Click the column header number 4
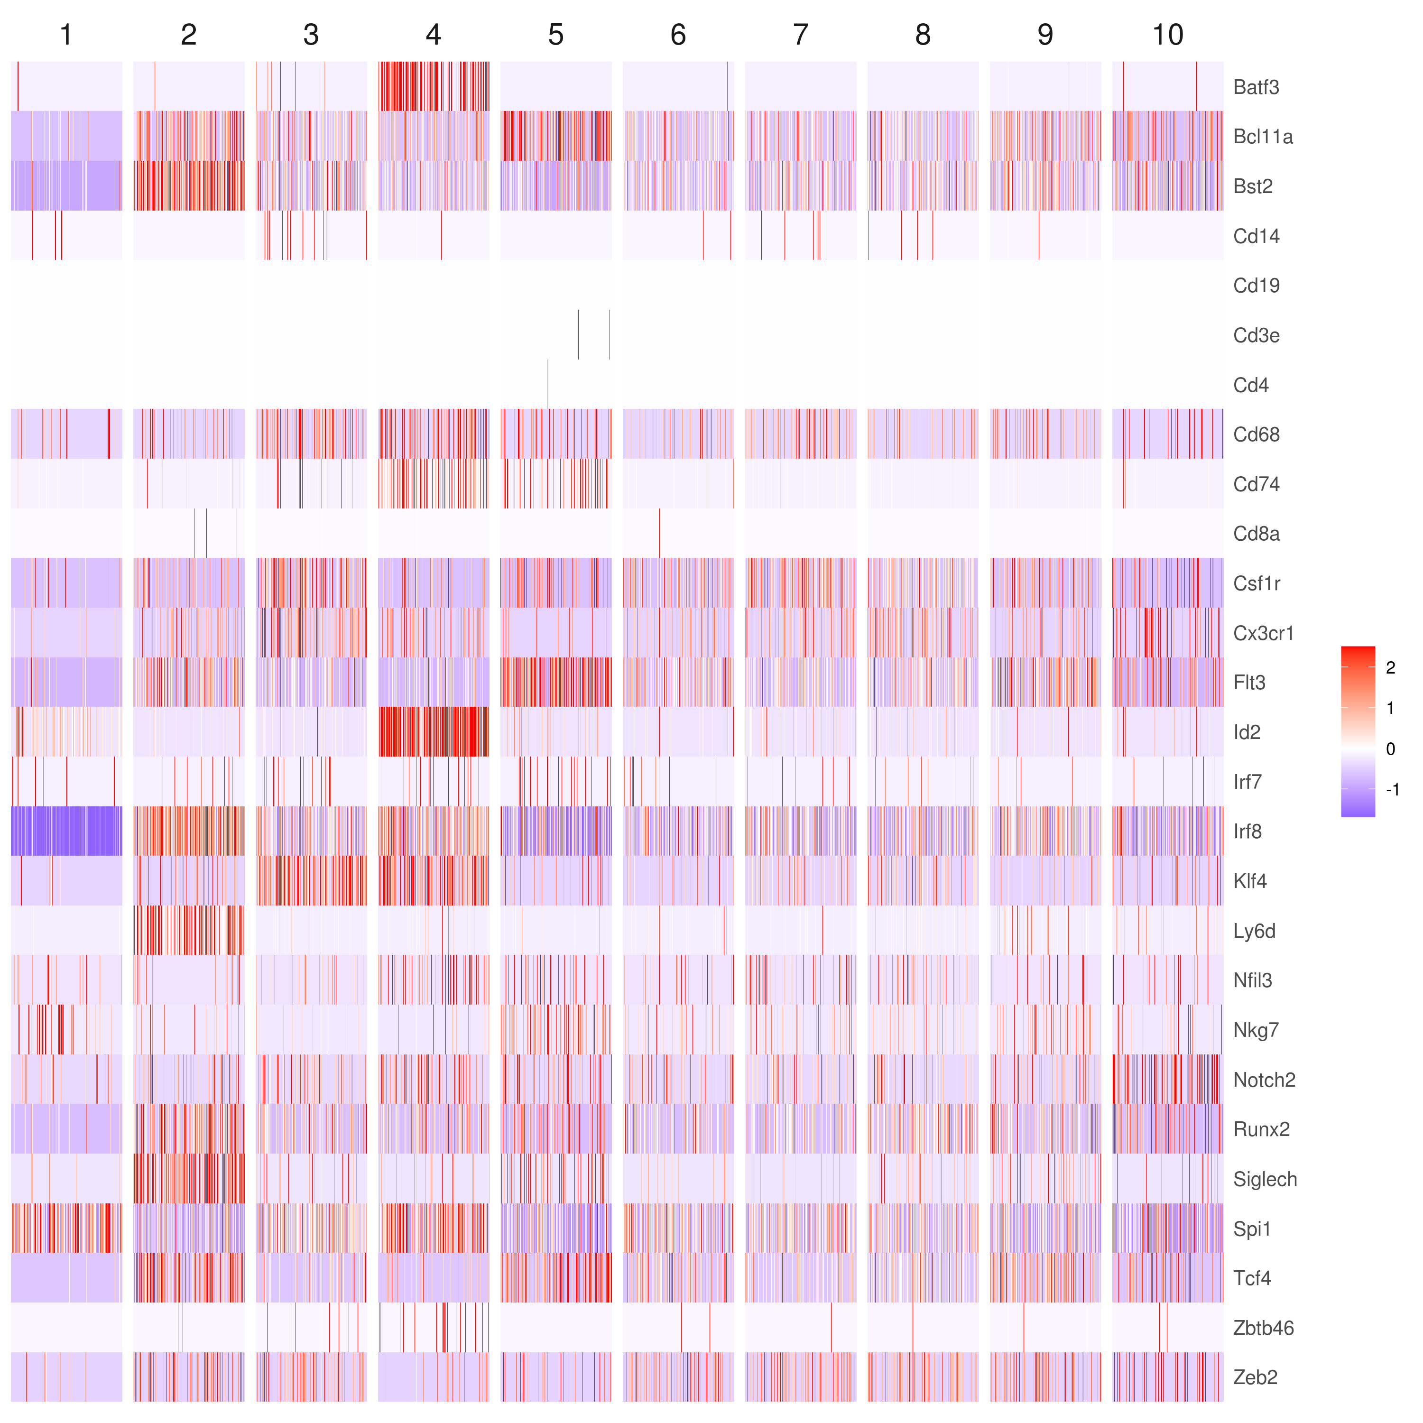433,35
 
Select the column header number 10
1167,35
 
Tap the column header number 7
801,35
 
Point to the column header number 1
66,35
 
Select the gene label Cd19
1256,286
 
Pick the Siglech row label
1265,1179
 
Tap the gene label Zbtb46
1263,1328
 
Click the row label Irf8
1247,832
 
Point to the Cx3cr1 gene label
1263,633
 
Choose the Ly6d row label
1254,931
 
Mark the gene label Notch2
1264,1080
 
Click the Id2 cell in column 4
433,732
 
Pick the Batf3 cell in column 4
433,87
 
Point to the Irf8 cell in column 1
66,832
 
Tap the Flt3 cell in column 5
556,683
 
